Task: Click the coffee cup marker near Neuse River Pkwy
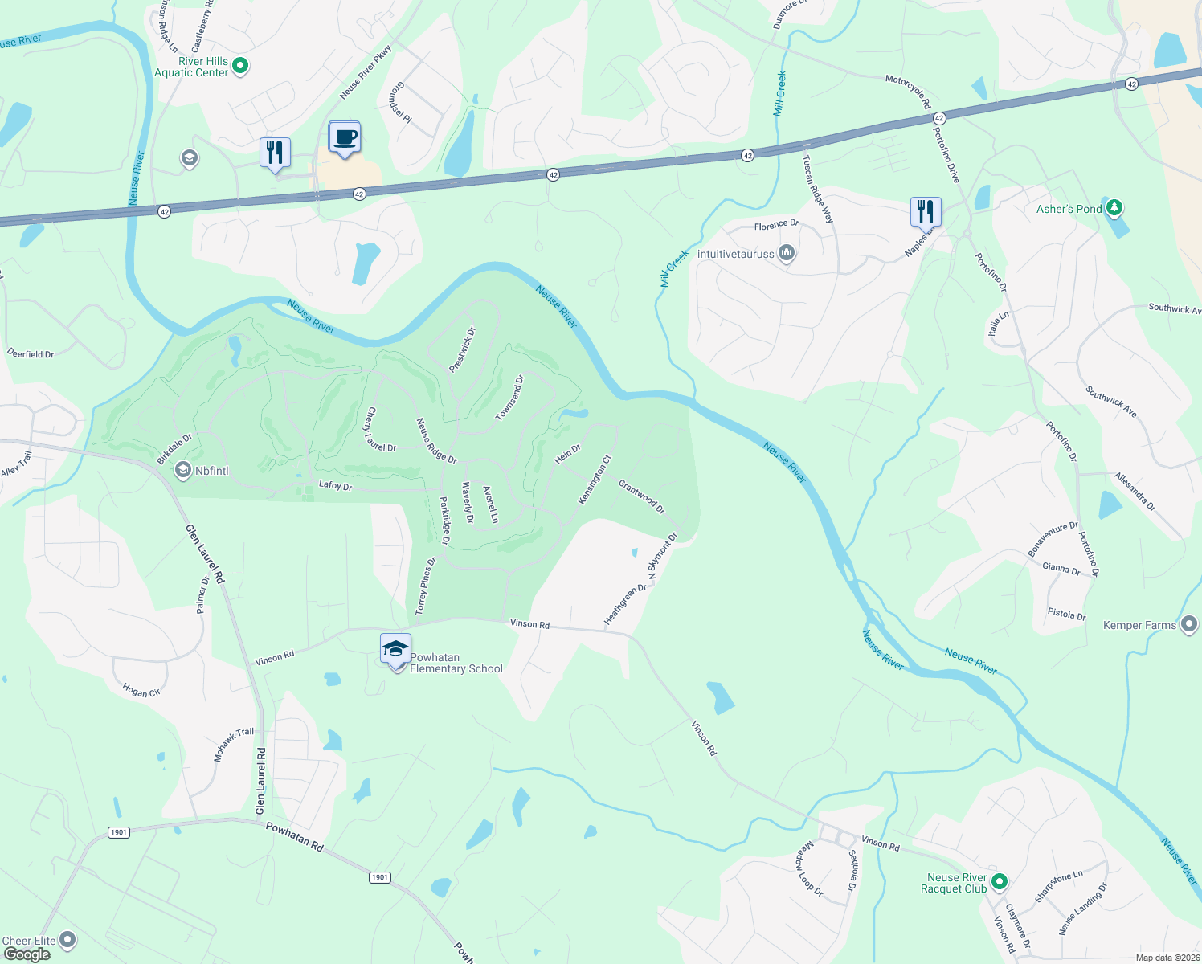[345, 138]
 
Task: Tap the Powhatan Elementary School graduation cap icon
[395, 649]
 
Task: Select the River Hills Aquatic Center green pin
[239, 66]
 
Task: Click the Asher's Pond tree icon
[1114, 208]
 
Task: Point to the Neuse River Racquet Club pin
[999, 882]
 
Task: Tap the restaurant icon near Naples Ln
[926, 212]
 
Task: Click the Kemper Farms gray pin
[1189, 624]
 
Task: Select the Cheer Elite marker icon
[68, 939]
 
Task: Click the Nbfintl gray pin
[183, 470]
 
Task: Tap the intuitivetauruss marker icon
[787, 254]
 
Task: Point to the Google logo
[27, 954]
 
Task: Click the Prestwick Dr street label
[462, 349]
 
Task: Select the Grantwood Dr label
[641, 496]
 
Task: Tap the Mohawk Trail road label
[233, 745]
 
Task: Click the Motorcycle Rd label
[908, 91]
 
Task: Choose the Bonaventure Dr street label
[1053, 538]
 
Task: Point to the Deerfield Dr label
[31, 353]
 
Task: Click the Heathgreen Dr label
[625, 604]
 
